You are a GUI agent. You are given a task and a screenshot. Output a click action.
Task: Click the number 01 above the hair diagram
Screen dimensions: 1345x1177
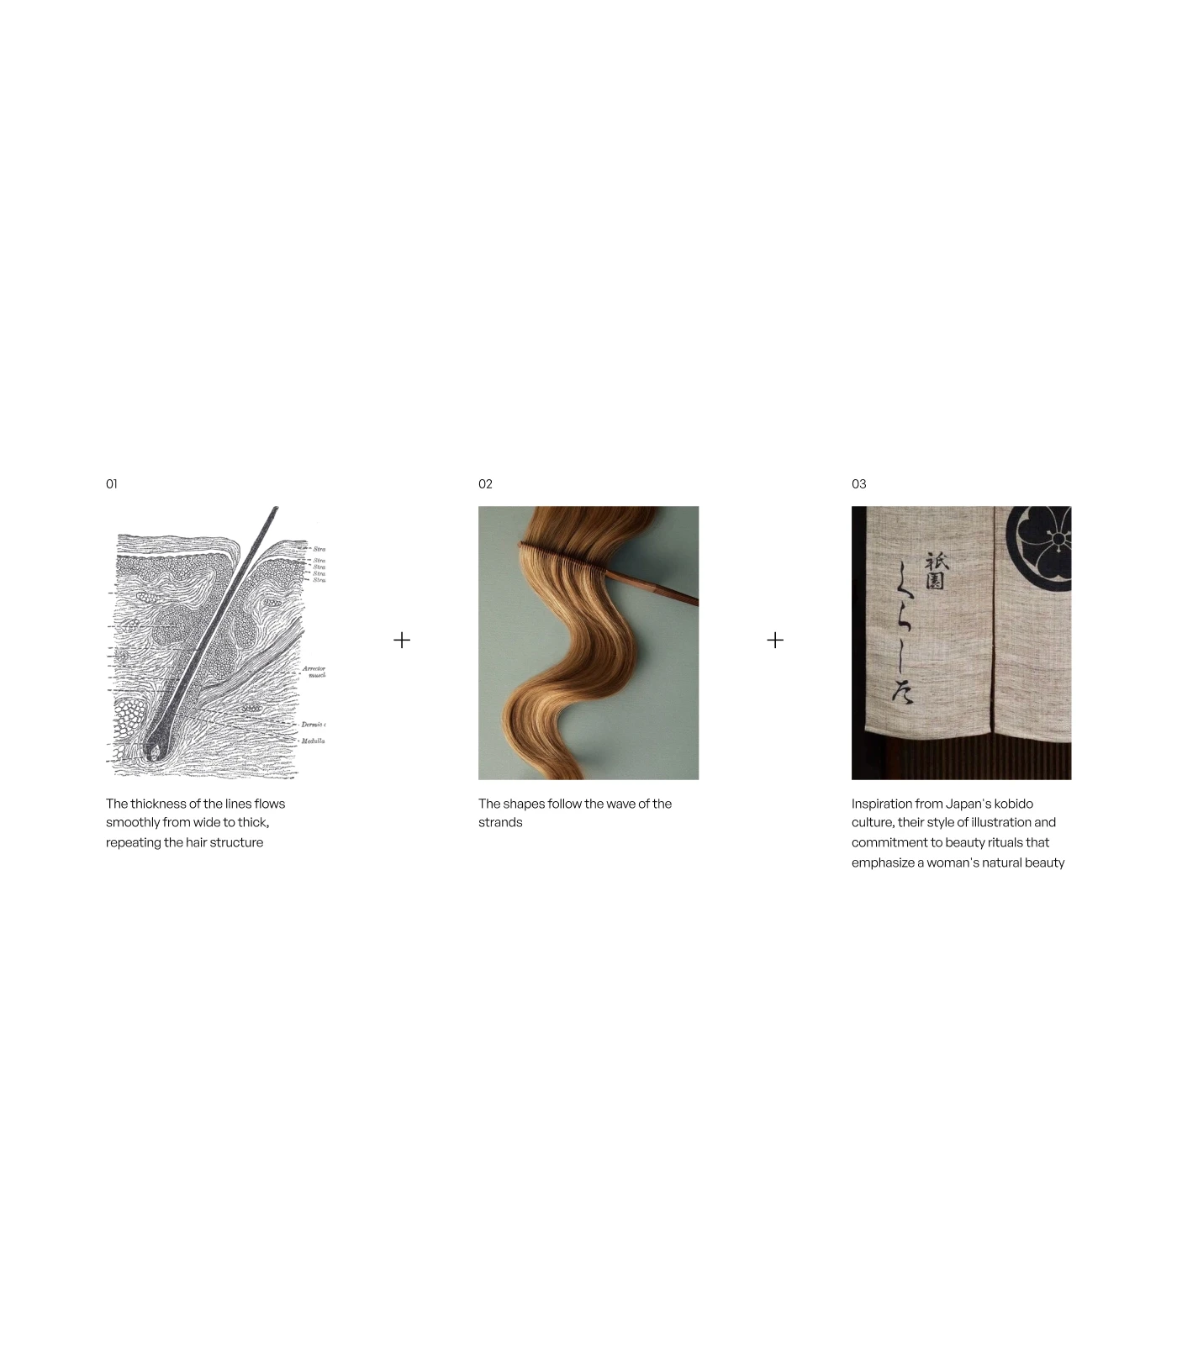[112, 484]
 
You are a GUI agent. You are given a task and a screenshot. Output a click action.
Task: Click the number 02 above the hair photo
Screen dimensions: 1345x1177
[485, 484]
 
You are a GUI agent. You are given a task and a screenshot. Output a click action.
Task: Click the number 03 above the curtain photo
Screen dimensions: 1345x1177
[858, 484]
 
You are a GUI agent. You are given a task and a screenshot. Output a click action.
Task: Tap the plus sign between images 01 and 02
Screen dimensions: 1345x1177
[402, 641]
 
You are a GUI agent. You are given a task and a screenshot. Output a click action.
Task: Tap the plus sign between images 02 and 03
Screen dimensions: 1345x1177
[775, 641]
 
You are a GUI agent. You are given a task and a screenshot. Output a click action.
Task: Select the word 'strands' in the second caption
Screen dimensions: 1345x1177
[500, 823]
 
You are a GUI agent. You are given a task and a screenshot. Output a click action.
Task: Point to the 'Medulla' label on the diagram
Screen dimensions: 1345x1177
[313, 741]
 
